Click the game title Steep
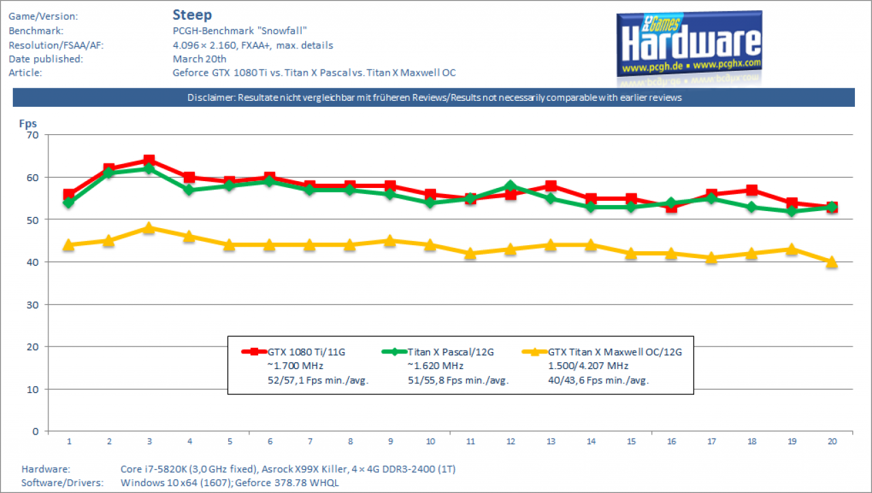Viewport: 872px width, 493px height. tap(192, 15)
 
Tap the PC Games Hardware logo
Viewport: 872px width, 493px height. tap(689, 44)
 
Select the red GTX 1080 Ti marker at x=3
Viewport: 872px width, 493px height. tap(149, 160)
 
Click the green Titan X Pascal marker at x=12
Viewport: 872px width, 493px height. tap(510, 186)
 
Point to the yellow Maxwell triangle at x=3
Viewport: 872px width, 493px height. tap(149, 227)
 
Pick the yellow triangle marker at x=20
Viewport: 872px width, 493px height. tap(832, 262)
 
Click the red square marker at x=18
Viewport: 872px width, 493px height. tap(751, 190)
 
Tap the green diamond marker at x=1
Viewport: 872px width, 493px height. tap(69, 203)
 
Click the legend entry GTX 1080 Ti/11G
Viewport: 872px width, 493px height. tap(306, 352)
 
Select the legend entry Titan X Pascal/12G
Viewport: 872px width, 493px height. tap(450, 352)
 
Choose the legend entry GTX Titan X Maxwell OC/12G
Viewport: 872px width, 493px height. tap(615, 352)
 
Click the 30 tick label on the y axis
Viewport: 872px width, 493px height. tap(33, 305)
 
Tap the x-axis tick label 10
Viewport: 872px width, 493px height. tap(430, 441)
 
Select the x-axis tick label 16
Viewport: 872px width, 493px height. tap(672, 441)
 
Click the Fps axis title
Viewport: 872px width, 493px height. tap(28, 124)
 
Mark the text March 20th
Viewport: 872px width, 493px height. tap(200, 59)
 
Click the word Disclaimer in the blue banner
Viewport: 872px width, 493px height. tap(211, 97)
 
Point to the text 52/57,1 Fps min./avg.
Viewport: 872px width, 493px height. tap(317, 381)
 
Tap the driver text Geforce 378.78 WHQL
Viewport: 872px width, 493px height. tap(287, 483)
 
